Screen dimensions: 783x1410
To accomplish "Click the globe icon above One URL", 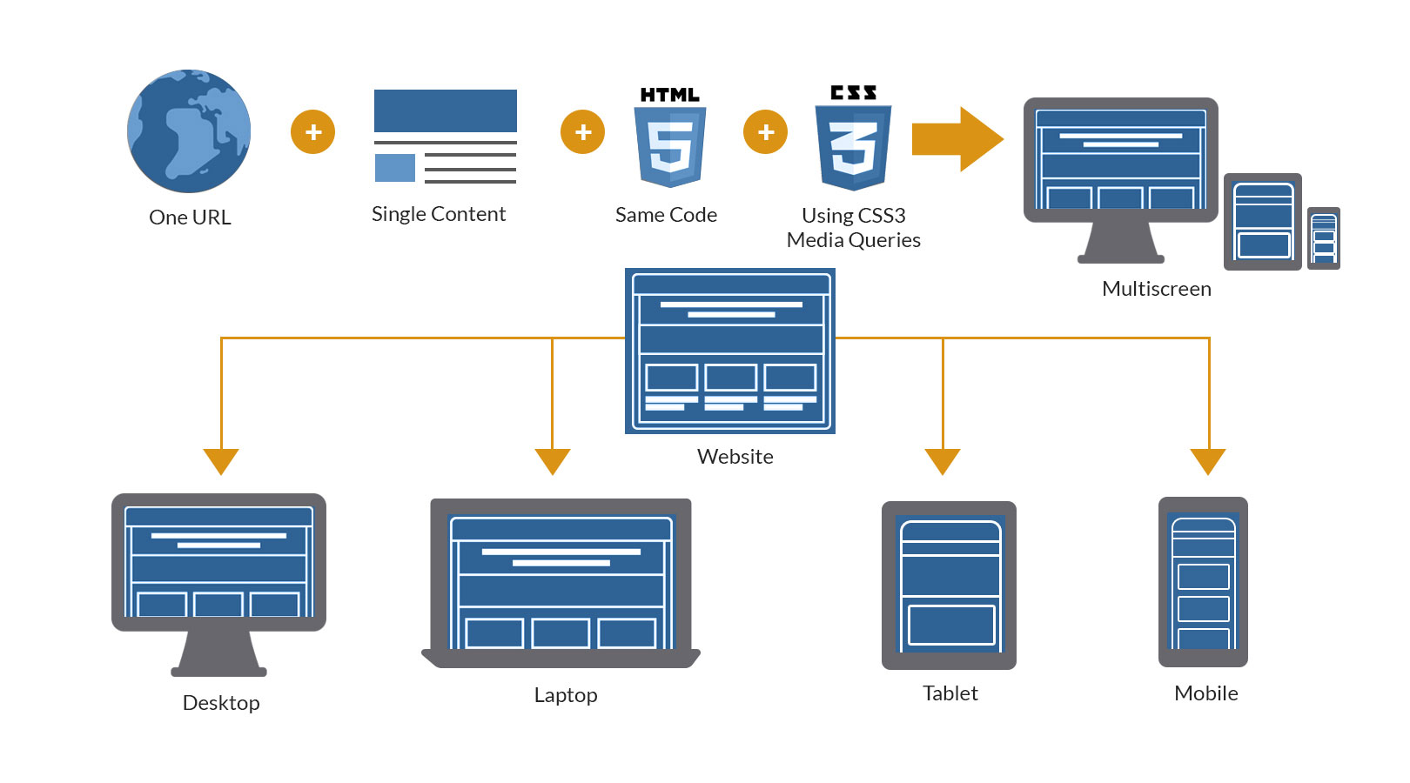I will click(189, 131).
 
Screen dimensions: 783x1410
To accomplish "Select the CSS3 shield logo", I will click(853, 145).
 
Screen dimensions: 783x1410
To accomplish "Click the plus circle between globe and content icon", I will click(312, 132).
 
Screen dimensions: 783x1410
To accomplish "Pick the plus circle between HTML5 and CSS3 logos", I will click(765, 132).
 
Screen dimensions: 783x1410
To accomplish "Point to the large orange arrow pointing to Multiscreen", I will click(957, 139).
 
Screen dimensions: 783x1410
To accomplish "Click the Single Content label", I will click(439, 214).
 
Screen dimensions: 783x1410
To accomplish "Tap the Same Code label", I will click(666, 215).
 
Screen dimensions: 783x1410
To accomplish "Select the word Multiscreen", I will click(1156, 289).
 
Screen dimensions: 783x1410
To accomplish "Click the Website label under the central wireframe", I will click(735, 457).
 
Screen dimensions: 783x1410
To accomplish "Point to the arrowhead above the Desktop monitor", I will click(221, 460).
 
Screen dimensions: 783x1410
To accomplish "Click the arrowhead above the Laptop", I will click(553, 460).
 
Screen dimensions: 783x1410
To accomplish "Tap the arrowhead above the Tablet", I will click(943, 460).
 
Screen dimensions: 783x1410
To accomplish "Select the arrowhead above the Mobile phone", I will click(1208, 460).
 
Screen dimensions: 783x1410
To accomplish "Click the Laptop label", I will click(566, 695).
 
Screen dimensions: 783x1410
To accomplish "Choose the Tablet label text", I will click(950, 693).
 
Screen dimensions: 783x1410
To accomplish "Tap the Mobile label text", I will click(1205, 693).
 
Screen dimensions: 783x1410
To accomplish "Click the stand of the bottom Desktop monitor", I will click(219, 654).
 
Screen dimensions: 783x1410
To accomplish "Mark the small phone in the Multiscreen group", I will click(1324, 238).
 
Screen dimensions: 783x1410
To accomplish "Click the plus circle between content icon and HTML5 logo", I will click(582, 132).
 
